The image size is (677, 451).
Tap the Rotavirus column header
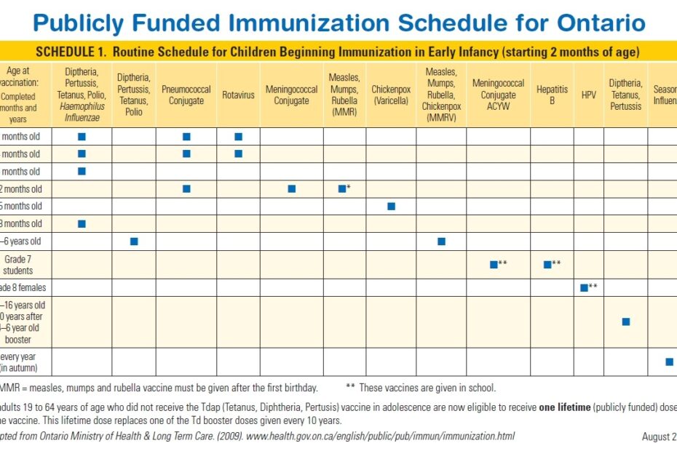[238, 95]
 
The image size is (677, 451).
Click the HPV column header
[588, 95]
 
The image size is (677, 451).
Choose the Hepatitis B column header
[552, 95]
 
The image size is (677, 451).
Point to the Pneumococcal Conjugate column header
[186, 95]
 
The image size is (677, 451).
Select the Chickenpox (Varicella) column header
[391, 95]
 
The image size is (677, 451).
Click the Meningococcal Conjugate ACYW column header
[498, 95]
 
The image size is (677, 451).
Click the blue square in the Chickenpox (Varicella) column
[391, 207]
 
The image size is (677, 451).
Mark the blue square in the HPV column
[584, 288]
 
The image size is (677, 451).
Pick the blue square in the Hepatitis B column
[547, 265]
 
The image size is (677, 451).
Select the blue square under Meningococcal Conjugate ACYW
[494, 265]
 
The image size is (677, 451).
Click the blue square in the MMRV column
[441, 242]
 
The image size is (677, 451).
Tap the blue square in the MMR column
[341, 189]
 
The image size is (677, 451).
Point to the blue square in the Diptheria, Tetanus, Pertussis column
[625, 322]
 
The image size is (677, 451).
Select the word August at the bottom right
[655, 436]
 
